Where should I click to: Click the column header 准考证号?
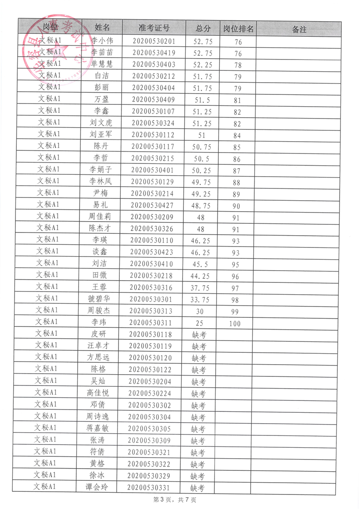[x=154, y=28]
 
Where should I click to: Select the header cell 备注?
[x=299, y=30]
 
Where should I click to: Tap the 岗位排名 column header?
[x=238, y=29]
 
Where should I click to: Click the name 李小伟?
[x=102, y=40]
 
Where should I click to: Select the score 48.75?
[x=202, y=205]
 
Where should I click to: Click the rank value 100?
[x=235, y=324]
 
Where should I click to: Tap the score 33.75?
[x=200, y=300]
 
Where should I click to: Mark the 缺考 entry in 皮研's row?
[x=199, y=335]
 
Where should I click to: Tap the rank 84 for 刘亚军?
[x=237, y=135]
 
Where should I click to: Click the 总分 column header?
[x=203, y=29]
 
